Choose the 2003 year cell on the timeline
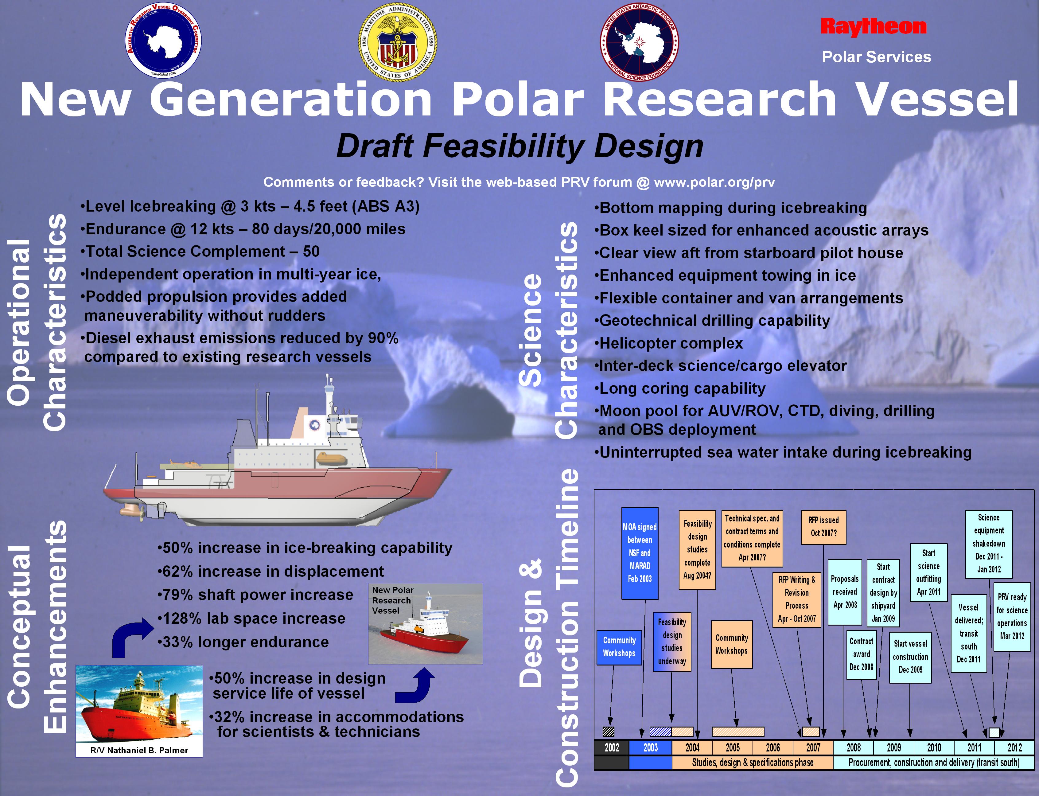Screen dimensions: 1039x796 point(651,748)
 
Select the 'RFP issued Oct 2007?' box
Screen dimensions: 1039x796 point(823,526)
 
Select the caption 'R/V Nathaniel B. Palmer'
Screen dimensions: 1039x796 point(139,750)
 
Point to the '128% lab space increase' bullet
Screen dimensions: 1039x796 point(251,618)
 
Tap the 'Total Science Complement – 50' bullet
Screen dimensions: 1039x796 point(200,251)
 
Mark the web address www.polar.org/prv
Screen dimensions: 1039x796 point(714,182)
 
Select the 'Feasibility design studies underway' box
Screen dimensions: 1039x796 point(672,642)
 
